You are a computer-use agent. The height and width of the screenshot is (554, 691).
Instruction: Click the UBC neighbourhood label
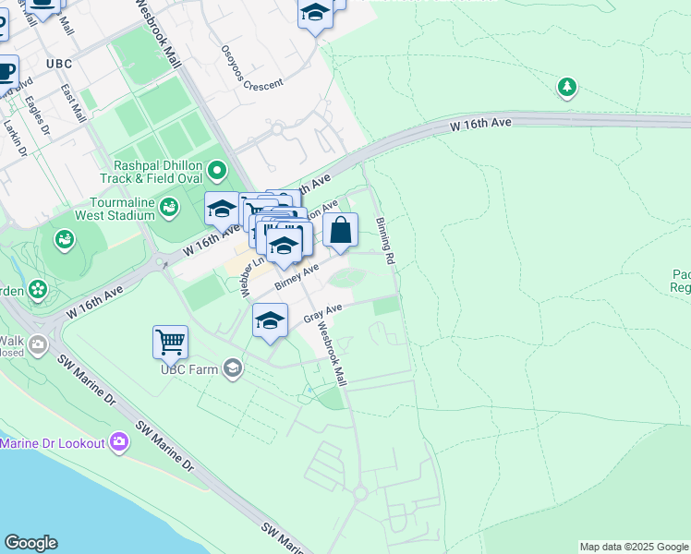point(57,64)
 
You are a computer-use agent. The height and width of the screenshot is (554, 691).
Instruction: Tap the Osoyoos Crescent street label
point(251,69)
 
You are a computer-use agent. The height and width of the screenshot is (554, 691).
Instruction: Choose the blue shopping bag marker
point(341,231)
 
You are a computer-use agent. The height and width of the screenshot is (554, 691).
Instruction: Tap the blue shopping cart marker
point(171,342)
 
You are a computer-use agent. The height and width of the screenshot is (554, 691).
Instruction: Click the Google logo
point(30,543)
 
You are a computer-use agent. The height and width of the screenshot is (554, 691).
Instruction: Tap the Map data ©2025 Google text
point(634,547)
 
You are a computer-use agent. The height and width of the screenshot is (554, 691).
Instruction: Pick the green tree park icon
point(566,88)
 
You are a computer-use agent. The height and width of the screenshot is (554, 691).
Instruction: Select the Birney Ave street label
point(297,274)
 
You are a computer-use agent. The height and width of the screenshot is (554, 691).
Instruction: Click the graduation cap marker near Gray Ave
point(270,321)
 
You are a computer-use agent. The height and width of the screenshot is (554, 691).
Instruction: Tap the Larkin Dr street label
point(12,135)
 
